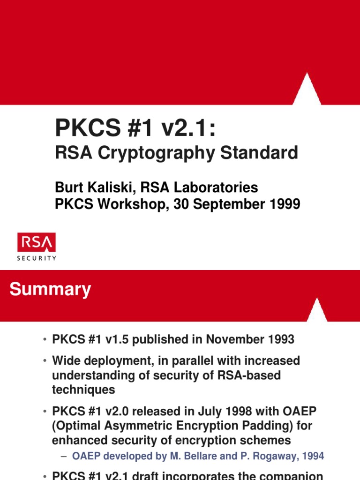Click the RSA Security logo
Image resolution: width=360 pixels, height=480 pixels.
click(x=37, y=246)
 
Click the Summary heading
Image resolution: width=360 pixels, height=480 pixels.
click(x=50, y=289)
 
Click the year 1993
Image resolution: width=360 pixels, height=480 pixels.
click(x=280, y=339)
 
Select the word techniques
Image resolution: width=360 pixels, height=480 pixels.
click(x=83, y=389)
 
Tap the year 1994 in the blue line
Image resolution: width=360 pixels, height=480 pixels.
click(x=312, y=456)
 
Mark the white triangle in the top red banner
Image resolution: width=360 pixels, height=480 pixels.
click(x=307, y=91)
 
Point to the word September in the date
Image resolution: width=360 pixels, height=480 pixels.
click(x=219, y=204)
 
